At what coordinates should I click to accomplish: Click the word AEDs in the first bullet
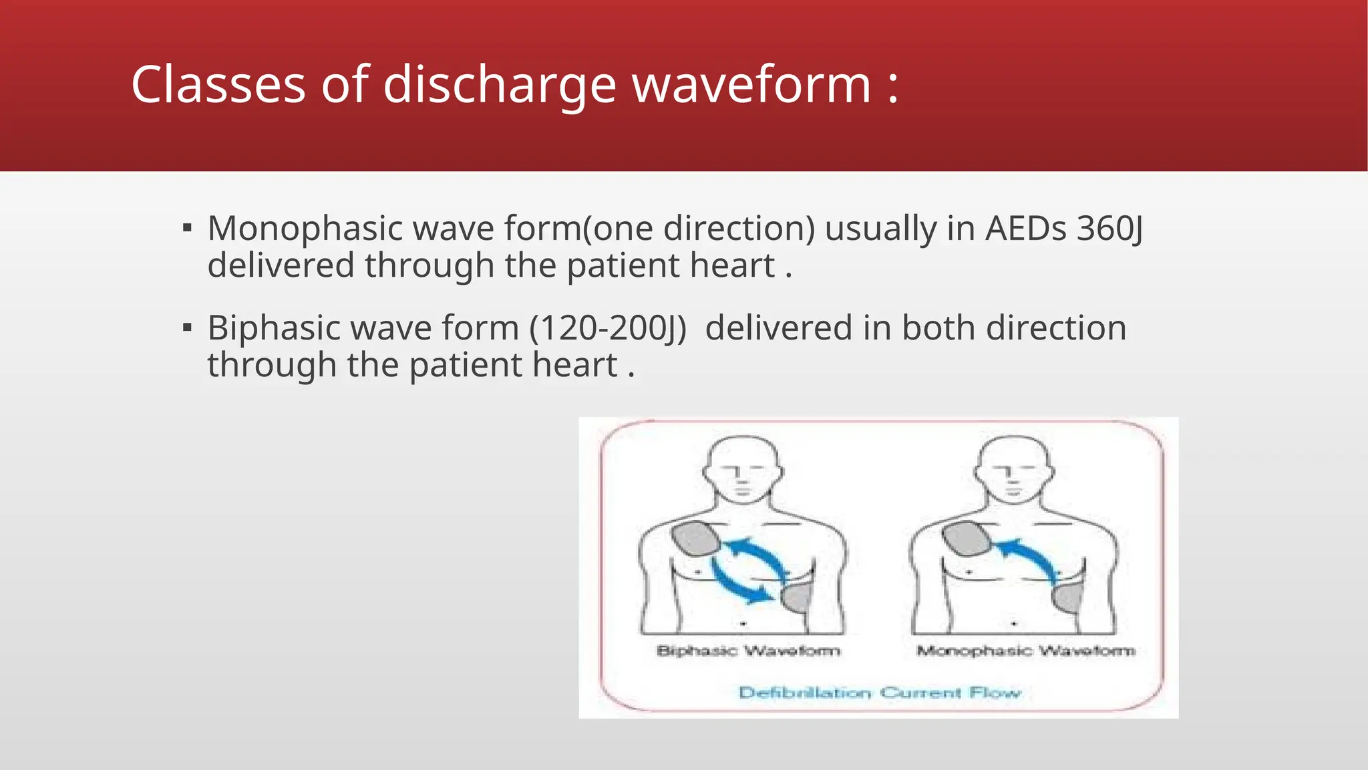(1026, 229)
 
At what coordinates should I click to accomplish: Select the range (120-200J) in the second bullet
(608, 328)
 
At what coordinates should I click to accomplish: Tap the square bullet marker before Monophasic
(188, 229)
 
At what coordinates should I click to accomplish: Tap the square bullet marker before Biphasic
(188, 328)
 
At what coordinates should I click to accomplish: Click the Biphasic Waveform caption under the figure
(748, 650)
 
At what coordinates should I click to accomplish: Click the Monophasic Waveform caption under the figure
(1025, 650)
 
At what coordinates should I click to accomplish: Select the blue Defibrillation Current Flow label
(880, 692)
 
